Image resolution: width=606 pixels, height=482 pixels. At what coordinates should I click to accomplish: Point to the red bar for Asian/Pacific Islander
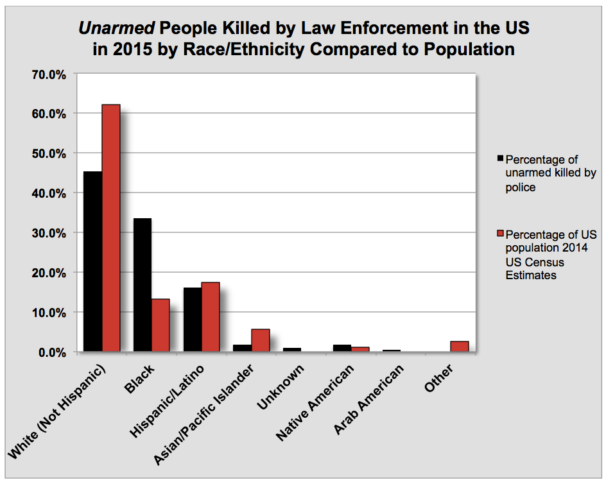tap(261, 340)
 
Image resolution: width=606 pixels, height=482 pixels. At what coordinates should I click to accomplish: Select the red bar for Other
tap(460, 347)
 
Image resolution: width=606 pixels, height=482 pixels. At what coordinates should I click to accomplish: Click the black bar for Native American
tap(342, 348)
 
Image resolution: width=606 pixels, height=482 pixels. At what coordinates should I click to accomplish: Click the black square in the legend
tap(501, 158)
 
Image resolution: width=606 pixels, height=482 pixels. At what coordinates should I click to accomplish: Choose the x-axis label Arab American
tap(368, 399)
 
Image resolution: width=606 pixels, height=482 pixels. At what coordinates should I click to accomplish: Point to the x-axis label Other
tap(439, 379)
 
